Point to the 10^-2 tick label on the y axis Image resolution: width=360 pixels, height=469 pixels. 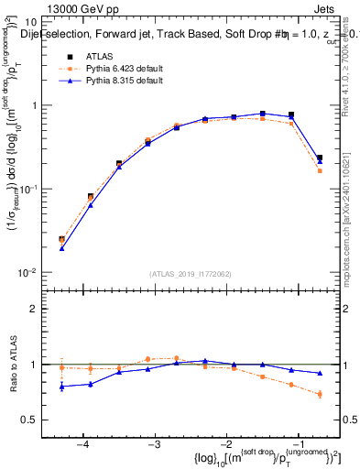pos(31,273)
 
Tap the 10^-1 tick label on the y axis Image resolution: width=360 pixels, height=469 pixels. pos(31,189)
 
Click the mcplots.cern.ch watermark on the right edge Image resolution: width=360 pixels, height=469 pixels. pos(350,229)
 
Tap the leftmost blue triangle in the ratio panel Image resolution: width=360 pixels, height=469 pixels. pos(61,387)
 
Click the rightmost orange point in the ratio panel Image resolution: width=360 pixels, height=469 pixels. pos(320,395)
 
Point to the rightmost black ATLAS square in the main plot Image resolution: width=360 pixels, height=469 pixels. pos(320,158)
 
